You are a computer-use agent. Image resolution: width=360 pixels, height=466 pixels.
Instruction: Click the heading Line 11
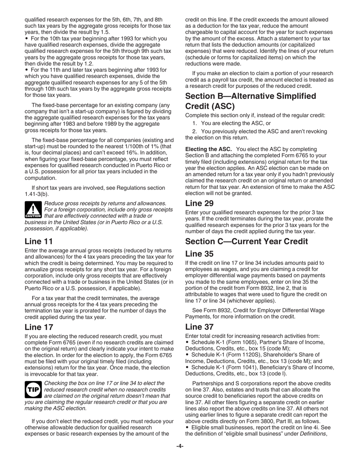pos(39,241)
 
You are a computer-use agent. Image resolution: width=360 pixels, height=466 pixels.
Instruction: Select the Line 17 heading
pos(39,327)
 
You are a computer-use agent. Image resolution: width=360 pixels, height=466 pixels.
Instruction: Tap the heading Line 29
pos(199,203)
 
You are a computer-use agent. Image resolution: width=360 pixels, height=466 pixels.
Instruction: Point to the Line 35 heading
pos(199,254)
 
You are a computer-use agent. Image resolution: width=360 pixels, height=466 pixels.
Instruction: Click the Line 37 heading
pos(199,327)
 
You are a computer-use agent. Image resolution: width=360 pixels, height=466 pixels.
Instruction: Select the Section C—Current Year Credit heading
pos(246,241)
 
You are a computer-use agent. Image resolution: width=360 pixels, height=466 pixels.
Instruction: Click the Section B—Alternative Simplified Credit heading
pos(250,101)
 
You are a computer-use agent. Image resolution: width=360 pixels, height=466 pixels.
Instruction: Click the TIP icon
pos(33,389)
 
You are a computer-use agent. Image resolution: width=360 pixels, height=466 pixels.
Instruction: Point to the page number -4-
pos(180,446)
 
